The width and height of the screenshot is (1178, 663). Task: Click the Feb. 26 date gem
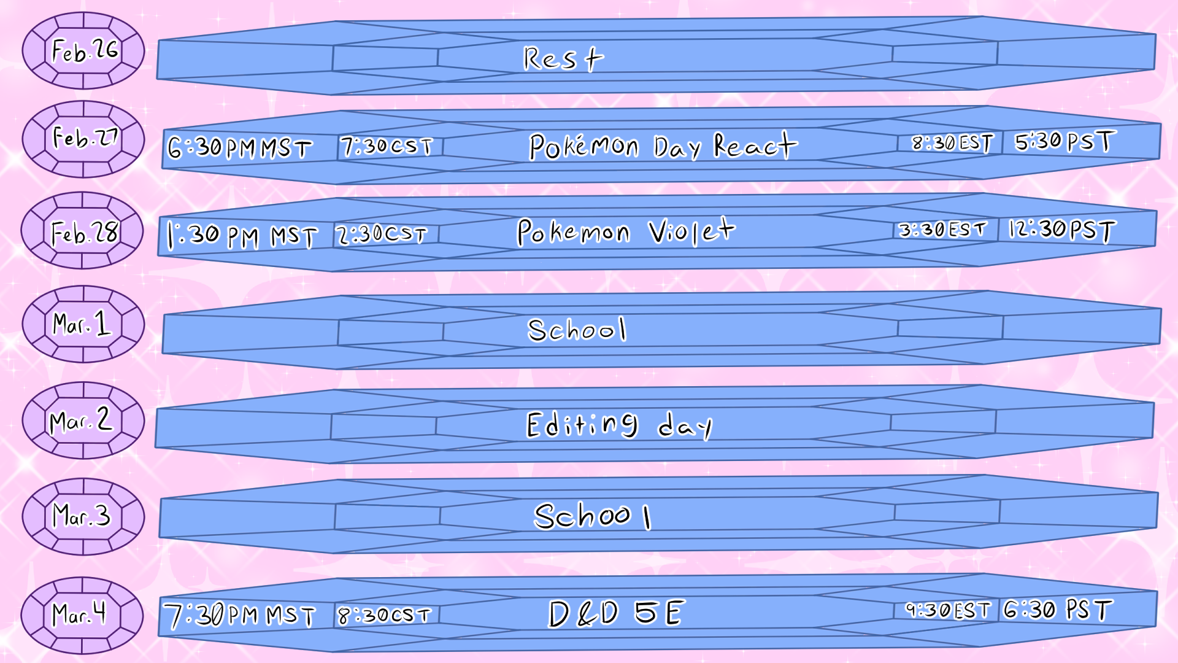[83, 51]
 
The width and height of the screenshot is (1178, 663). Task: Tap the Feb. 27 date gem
[83, 139]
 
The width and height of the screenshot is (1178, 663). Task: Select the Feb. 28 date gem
[83, 231]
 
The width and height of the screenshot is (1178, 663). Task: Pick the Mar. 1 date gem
[83, 324]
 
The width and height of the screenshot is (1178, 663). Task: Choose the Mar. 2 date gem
[83, 421]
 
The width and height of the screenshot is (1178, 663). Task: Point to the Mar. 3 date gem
[83, 516]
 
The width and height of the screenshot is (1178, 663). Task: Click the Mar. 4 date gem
[82, 615]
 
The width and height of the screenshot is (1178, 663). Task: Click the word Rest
[563, 59]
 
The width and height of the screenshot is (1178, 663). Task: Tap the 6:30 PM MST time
[240, 148]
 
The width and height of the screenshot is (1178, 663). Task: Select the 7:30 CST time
[387, 146]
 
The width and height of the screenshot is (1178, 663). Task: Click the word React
[755, 145]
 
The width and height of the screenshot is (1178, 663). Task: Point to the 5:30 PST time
[1064, 142]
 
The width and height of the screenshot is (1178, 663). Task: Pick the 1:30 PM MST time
[242, 235]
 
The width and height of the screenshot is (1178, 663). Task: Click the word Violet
[691, 231]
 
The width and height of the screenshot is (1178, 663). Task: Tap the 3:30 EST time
[943, 230]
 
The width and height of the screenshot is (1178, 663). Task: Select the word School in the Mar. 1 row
[577, 330]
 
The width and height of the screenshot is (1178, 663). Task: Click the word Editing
[582, 425]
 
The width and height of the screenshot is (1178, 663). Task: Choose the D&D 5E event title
[616, 613]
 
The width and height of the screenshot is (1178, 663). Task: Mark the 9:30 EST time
[948, 610]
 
